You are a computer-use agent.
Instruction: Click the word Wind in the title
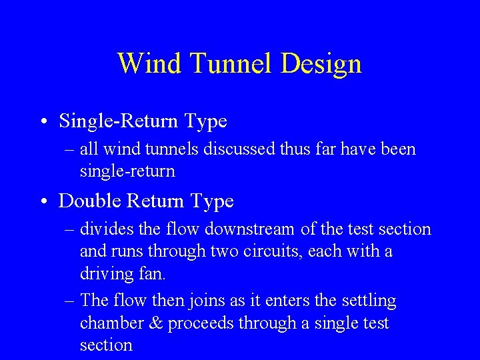(x=150, y=64)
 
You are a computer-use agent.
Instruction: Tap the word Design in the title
(x=321, y=64)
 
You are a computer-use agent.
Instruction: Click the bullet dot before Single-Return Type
(x=43, y=122)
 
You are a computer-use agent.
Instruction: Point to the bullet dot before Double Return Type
(x=43, y=201)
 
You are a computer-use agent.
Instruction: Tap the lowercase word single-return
(x=127, y=171)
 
